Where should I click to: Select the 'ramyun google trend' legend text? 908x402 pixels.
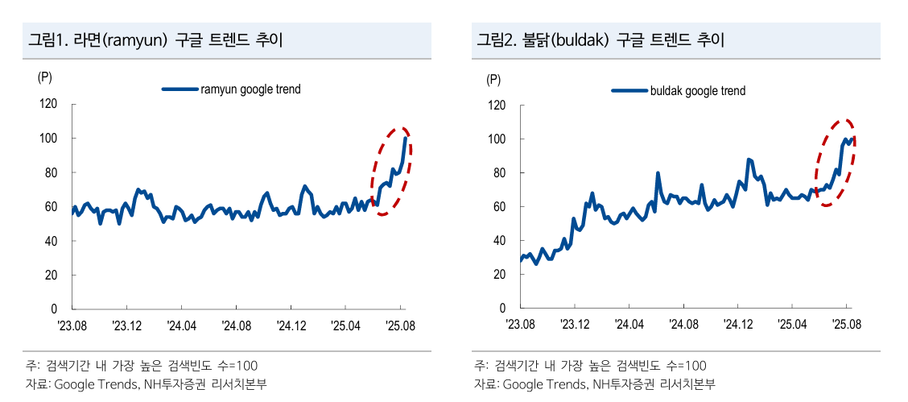250,89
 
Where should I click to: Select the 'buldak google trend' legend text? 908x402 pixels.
698,91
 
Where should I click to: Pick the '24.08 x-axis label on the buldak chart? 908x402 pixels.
683,325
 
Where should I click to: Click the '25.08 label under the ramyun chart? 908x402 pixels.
400,325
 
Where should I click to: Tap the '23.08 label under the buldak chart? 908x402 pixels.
520,325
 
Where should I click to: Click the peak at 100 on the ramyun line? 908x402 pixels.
405,138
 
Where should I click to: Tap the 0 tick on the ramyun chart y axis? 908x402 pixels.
54,309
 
